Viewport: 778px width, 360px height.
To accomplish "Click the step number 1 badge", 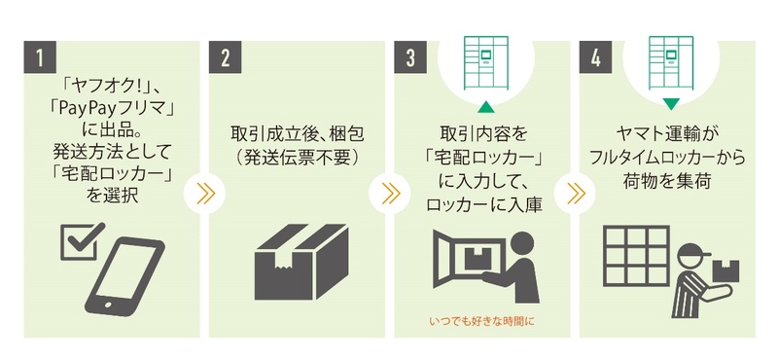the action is click(40, 57).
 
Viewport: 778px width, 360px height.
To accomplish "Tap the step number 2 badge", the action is click(226, 57).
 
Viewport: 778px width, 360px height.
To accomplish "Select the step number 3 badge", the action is click(410, 57).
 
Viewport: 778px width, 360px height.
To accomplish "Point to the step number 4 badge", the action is click(595, 57).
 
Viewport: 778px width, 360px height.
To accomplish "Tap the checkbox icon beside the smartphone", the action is click(81, 241).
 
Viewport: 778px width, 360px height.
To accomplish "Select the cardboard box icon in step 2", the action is click(301, 262).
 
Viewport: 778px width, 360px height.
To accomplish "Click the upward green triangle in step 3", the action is click(486, 106).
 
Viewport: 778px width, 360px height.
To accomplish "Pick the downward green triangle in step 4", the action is click(671, 104).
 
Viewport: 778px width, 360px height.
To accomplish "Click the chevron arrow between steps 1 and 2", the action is click(204, 194).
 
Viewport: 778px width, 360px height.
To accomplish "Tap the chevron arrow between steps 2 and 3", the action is click(390, 194).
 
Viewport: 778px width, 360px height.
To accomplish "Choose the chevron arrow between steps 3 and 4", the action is click(575, 194).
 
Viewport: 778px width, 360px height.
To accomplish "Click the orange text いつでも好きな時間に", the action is click(481, 322).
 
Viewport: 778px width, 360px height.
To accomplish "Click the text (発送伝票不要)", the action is click(297, 158).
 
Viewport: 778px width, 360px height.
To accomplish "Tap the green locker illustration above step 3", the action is click(485, 62).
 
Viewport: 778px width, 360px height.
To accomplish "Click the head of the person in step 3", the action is click(522, 244).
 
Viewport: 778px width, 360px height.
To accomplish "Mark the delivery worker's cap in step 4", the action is click(693, 251).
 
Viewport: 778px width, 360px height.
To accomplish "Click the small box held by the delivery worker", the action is click(725, 270).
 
